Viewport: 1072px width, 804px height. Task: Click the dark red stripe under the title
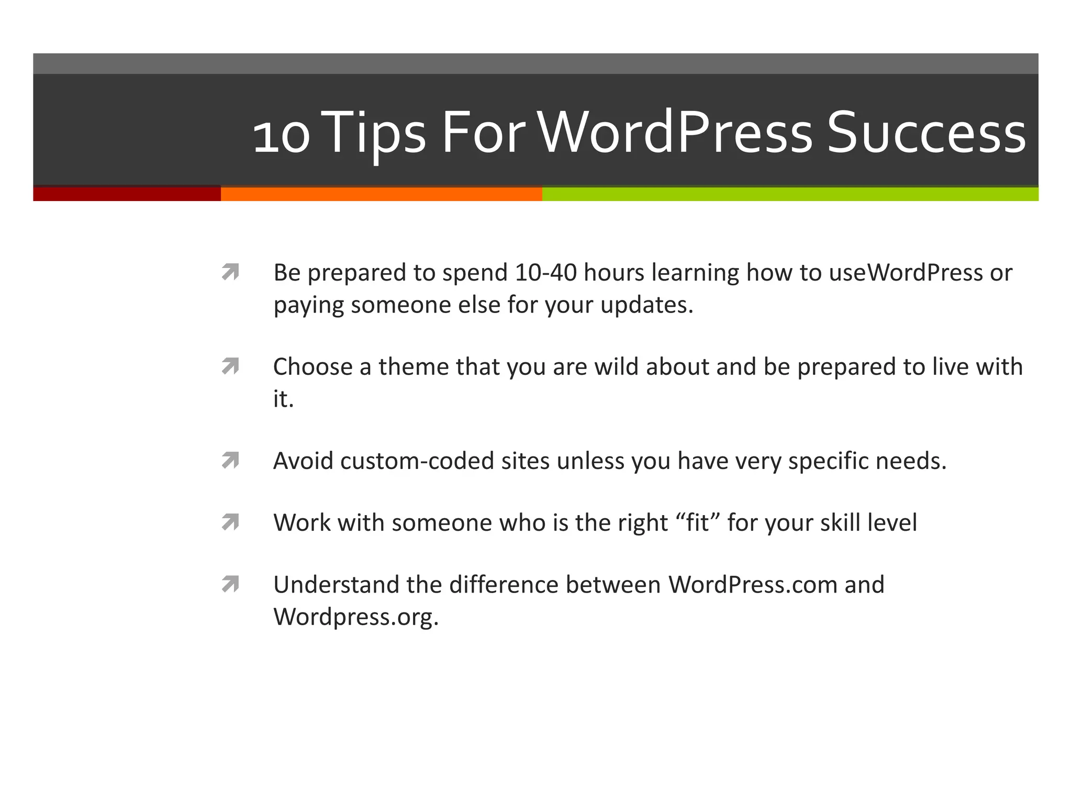(127, 194)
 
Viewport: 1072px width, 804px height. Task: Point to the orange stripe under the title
(381, 194)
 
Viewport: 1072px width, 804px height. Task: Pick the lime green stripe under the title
(790, 194)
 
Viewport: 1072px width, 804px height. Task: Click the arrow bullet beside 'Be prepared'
(230, 272)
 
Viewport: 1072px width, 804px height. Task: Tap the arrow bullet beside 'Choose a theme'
(230, 366)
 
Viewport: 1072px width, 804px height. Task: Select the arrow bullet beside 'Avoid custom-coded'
(230, 461)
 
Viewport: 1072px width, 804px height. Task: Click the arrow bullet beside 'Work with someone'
(230, 522)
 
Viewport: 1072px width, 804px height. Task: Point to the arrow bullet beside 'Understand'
(230, 584)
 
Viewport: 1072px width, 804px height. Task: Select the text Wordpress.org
(355, 617)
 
